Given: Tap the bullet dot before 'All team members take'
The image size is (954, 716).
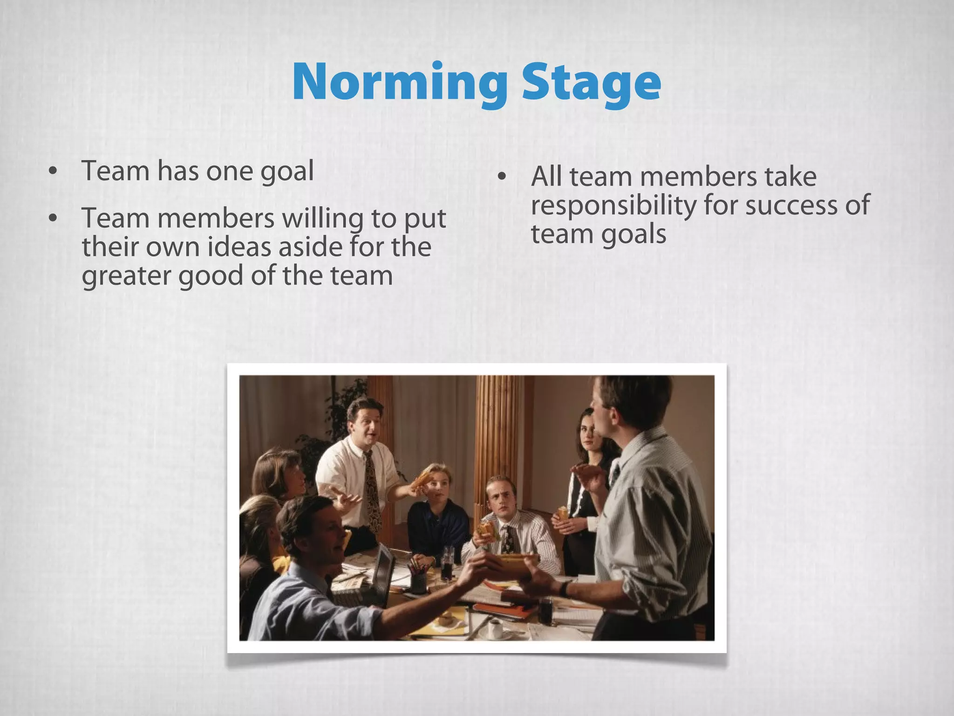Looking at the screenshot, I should tap(502, 177).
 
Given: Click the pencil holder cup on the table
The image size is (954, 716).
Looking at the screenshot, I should tap(418, 580).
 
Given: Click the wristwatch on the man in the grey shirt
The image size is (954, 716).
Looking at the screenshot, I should tap(565, 588).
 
